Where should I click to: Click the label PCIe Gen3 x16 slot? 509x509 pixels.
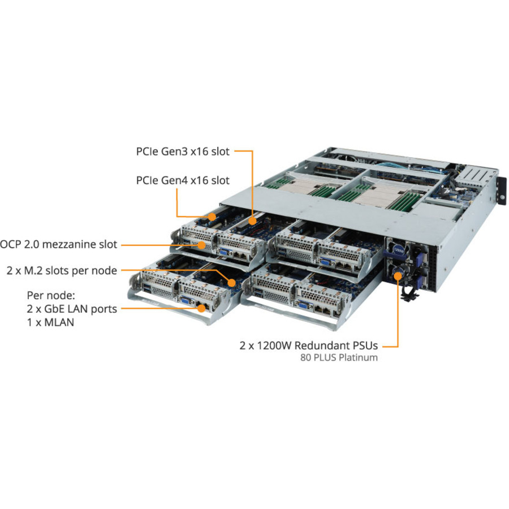click(183, 152)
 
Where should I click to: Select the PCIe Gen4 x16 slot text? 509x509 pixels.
click(183, 180)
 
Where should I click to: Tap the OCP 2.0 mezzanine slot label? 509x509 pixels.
click(59, 244)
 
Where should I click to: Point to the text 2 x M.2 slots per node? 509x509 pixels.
click(62, 270)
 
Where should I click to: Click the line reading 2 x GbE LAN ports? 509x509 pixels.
click(72, 309)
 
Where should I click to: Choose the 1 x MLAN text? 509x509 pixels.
click(50, 322)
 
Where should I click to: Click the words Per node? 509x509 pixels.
click(51, 295)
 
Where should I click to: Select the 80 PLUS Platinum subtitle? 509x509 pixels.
click(339, 357)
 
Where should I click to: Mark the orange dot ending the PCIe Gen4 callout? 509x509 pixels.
click(212, 216)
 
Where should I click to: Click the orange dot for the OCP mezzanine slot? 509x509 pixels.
click(202, 245)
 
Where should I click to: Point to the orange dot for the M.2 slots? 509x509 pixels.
click(231, 281)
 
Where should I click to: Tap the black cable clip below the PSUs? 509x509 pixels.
click(406, 293)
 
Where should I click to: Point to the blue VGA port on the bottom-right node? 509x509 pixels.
click(304, 306)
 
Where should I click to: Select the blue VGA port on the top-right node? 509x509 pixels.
click(326, 262)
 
